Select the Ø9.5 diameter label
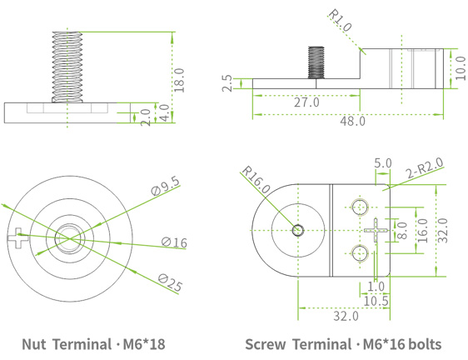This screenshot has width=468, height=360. (x=166, y=187)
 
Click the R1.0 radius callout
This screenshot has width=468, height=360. (x=341, y=21)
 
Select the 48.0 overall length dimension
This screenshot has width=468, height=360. (x=351, y=122)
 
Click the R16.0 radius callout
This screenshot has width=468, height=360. (x=256, y=180)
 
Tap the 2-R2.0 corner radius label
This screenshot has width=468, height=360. (x=426, y=169)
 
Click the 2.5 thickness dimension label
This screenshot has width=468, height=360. (x=226, y=83)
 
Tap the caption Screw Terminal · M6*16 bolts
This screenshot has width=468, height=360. (x=343, y=343)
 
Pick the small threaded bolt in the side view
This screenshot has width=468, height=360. (x=317, y=62)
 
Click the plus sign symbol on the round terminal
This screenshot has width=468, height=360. (x=17, y=239)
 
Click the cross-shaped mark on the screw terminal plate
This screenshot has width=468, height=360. (x=377, y=229)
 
